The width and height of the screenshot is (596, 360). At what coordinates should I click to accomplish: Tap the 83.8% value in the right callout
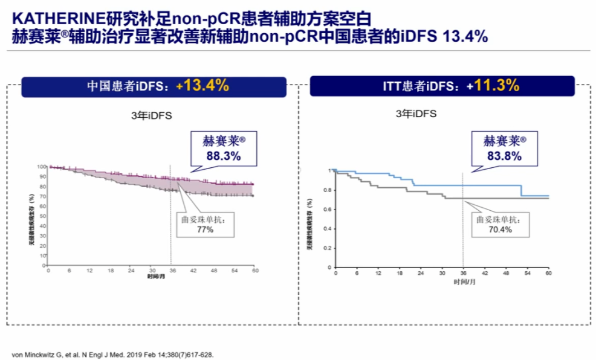click(505, 156)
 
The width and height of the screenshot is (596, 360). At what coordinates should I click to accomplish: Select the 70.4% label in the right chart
click(499, 230)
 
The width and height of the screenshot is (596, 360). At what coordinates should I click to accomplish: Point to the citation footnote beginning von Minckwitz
click(112, 355)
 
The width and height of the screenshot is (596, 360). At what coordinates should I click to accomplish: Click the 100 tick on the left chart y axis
click(42, 167)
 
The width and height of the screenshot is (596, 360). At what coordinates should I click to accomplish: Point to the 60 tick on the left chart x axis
click(254, 271)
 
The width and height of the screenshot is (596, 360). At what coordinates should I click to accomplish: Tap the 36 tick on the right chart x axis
click(464, 273)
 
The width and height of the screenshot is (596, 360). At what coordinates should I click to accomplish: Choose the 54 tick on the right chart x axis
click(527, 273)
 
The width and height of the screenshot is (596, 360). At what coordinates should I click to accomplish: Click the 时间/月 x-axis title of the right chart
click(464, 281)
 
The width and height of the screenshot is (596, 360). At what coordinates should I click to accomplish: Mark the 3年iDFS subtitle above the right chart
click(416, 114)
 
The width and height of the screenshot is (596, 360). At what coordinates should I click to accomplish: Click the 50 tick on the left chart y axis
click(43, 216)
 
